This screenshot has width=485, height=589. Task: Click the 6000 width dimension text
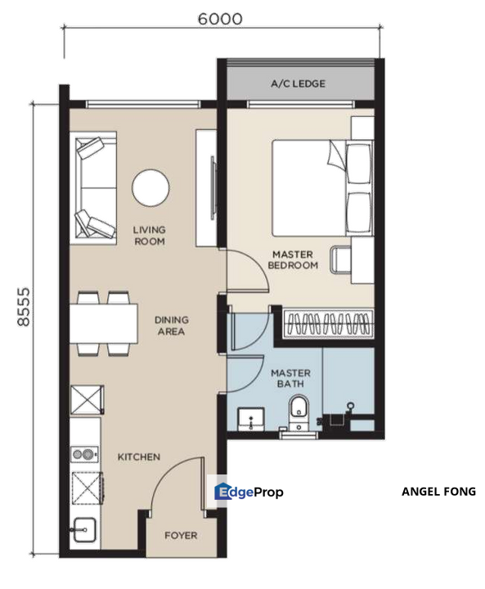point(220,19)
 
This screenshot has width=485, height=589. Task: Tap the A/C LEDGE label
point(298,83)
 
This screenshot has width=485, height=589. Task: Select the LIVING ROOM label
point(149,236)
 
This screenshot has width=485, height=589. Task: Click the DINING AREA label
point(170,326)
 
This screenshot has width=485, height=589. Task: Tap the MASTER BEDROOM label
point(294,260)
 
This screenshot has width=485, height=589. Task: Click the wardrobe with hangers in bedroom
point(327,322)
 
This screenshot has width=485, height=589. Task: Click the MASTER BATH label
point(290,379)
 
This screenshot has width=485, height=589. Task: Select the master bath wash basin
point(247,419)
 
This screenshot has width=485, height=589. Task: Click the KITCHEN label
point(138,456)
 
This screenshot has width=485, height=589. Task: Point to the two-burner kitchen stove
point(85,454)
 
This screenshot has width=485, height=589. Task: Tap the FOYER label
point(181,537)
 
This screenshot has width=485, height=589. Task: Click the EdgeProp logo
point(249,492)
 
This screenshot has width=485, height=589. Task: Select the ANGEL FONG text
point(438,492)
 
